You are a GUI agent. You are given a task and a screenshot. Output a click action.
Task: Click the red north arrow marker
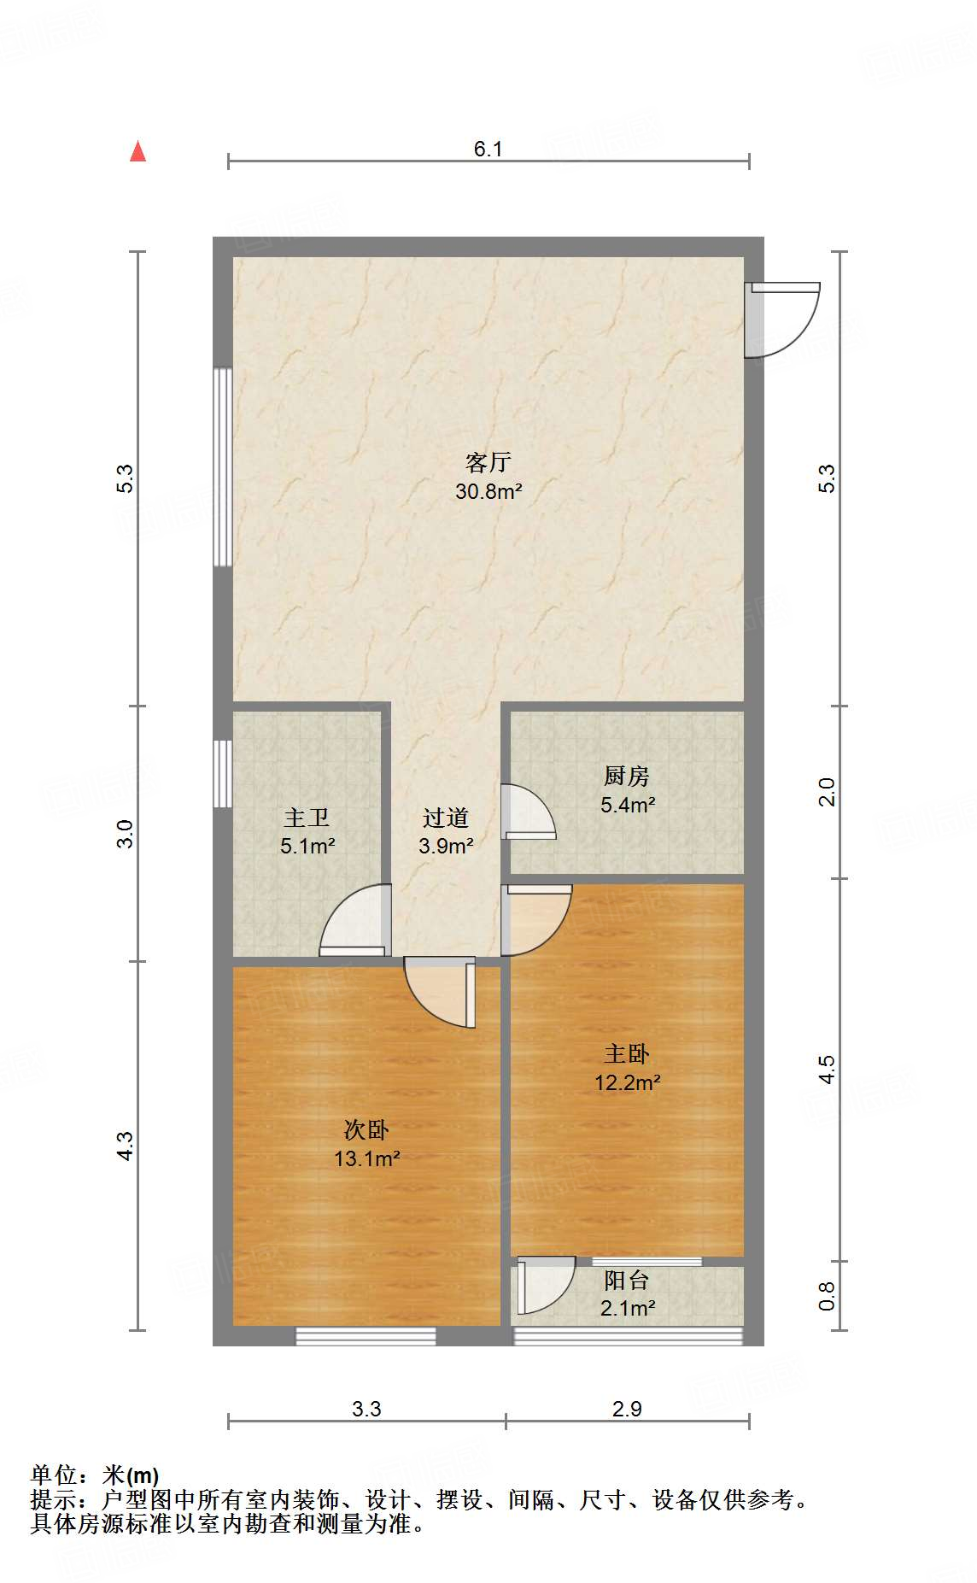coord(137,151)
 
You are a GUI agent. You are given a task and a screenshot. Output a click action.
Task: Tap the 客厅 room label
coord(488,462)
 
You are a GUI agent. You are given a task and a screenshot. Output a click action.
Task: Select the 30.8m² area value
coord(488,491)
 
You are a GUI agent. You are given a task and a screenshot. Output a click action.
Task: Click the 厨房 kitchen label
coord(626,776)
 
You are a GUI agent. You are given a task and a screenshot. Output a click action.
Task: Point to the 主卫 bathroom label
coord(307,818)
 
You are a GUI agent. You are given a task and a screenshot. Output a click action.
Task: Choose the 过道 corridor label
coord(445,818)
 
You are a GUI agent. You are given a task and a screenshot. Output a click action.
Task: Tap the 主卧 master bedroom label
coord(627,1053)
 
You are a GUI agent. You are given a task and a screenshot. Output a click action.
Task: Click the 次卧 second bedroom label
coord(366,1129)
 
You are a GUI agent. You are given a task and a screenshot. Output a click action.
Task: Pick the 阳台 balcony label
coord(627,1280)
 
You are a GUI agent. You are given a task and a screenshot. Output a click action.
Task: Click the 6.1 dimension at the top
coord(488,149)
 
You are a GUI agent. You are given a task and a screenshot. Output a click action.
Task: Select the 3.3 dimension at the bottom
coord(366,1409)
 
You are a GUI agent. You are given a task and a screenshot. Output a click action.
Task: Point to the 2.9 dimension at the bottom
coord(627,1409)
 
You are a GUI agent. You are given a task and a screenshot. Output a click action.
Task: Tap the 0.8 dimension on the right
coord(827,1296)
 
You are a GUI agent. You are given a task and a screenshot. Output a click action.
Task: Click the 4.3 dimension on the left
coord(126,1146)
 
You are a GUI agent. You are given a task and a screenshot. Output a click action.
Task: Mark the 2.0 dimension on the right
coord(827,792)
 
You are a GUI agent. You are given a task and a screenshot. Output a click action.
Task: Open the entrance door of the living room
coord(781,320)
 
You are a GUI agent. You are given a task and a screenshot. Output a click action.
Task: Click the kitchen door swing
coord(528,812)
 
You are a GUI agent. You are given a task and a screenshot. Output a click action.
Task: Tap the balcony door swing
coord(545,1283)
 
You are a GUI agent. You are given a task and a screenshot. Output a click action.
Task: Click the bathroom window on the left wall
coord(222,773)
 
